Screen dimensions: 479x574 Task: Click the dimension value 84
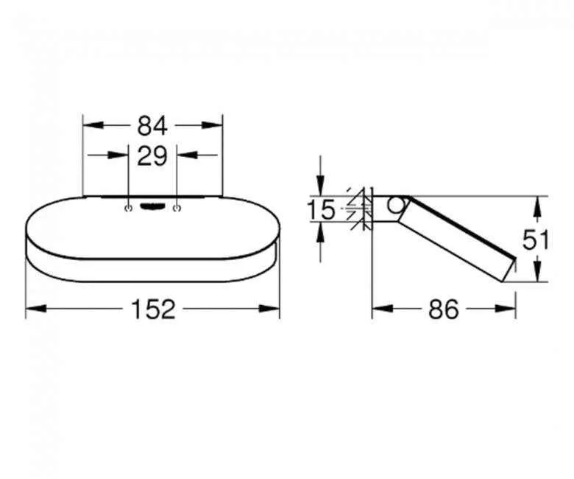click(152, 126)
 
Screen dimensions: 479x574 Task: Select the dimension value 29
click(152, 155)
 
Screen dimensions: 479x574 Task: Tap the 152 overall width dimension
click(155, 310)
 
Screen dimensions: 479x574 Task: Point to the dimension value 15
click(321, 211)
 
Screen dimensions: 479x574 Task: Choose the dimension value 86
click(443, 310)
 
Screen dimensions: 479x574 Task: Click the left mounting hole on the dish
click(129, 209)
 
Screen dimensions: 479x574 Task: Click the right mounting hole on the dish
click(177, 209)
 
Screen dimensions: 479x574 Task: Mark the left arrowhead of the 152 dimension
click(32, 310)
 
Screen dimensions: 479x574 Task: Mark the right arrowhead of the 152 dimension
click(273, 310)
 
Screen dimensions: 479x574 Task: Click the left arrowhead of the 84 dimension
click(89, 126)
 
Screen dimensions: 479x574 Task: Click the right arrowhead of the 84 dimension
click(216, 126)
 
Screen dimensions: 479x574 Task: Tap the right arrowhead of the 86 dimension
click(509, 310)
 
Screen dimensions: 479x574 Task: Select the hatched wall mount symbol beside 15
click(360, 210)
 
